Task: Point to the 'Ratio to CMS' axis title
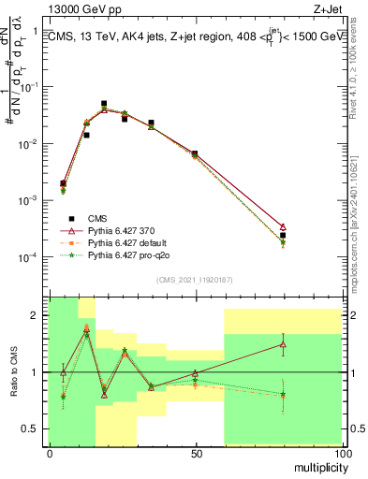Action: (12, 370)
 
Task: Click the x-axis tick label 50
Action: (196, 454)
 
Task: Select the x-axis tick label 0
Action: (50, 454)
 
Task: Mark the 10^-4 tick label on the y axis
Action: (30, 257)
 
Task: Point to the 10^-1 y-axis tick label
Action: (30, 87)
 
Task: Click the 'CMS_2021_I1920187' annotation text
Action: (195, 280)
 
